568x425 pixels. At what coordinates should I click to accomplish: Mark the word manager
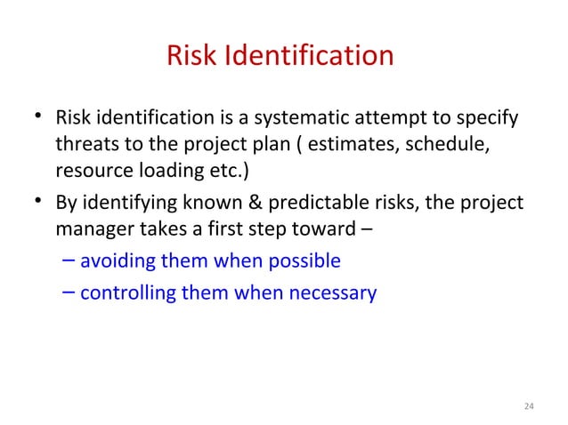(x=93, y=229)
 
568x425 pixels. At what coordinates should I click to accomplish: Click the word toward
(x=326, y=229)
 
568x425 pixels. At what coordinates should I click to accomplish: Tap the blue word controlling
(x=127, y=291)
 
